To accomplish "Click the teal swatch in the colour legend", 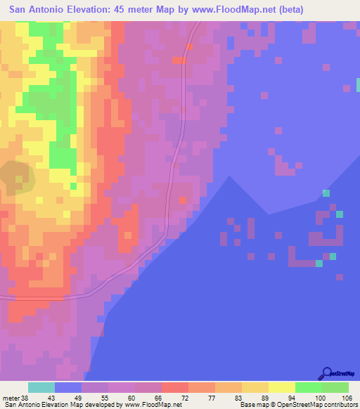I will tap(41, 387).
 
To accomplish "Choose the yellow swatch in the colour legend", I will tap(281, 387).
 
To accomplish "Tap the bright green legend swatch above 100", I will tap(308, 387).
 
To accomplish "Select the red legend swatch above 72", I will tap(175, 387).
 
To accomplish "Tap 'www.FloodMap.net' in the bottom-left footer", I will tap(152, 404).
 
